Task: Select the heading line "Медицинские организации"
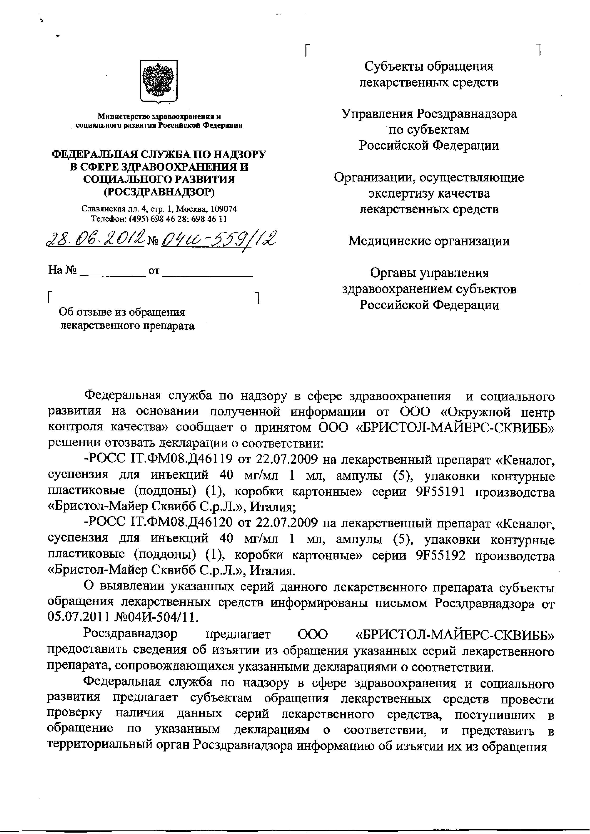[x=429, y=241]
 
